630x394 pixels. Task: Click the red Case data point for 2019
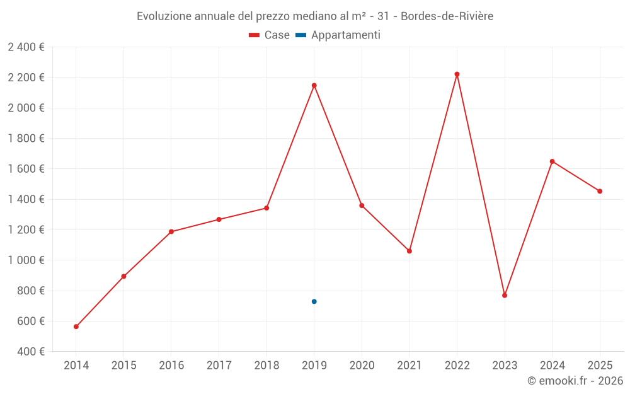(x=314, y=85)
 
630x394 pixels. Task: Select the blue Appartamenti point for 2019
(x=314, y=301)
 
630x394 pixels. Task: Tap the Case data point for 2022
(x=457, y=74)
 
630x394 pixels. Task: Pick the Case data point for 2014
(x=76, y=327)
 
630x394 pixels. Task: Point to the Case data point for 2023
(x=505, y=295)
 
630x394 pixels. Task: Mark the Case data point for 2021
(x=409, y=251)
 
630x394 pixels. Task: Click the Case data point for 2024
(x=552, y=161)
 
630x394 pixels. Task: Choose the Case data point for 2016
(x=171, y=231)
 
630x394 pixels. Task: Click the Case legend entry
(x=270, y=35)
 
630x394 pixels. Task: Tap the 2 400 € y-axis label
(x=26, y=47)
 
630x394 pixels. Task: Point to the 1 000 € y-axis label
(x=26, y=260)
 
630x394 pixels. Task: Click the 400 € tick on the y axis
(x=30, y=352)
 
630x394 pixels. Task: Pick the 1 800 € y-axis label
(x=26, y=139)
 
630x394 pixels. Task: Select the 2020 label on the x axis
(x=362, y=366)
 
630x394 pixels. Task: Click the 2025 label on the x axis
(x=600, y=366)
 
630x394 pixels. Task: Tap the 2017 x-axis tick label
(x=219, y=366)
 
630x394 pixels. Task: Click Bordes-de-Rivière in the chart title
(x=447, y=16)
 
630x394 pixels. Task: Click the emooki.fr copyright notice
(x=575, y=381)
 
